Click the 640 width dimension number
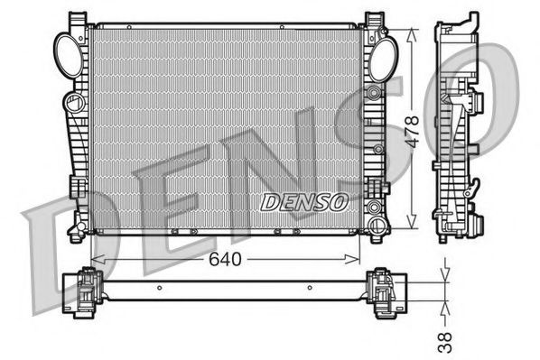(226, 259)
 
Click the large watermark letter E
(154, 203)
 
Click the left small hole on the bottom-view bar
(161, 289)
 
